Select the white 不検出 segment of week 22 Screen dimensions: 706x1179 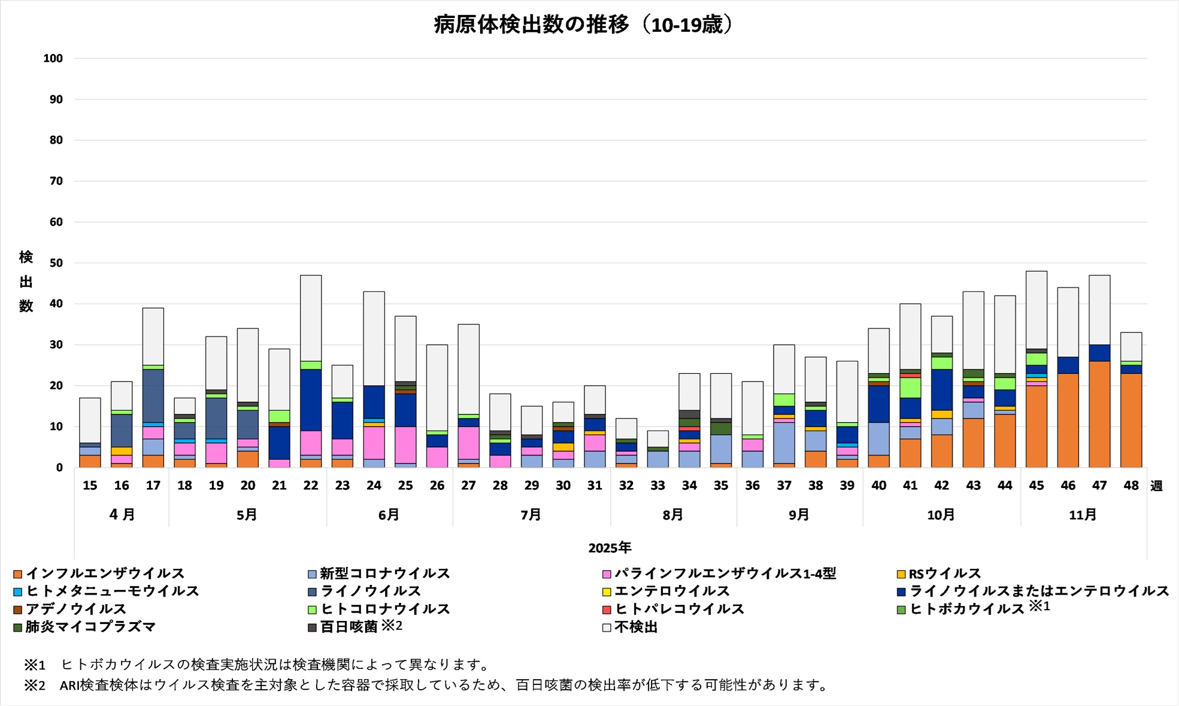tap(311, 318)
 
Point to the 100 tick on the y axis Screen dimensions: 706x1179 tap(53, 59)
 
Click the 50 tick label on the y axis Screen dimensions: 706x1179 tap(56, 263)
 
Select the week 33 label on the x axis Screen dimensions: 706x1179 tap(657, 486)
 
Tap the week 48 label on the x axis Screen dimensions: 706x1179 tap(1130, 486)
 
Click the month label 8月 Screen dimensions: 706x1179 tap(673, 514)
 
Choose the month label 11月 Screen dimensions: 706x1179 tap(1083, 514)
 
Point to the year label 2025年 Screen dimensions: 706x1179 tap(610, 547)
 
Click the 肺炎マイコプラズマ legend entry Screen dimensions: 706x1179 tap(90, 627)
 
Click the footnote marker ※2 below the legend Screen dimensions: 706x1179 tap(35, 684)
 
